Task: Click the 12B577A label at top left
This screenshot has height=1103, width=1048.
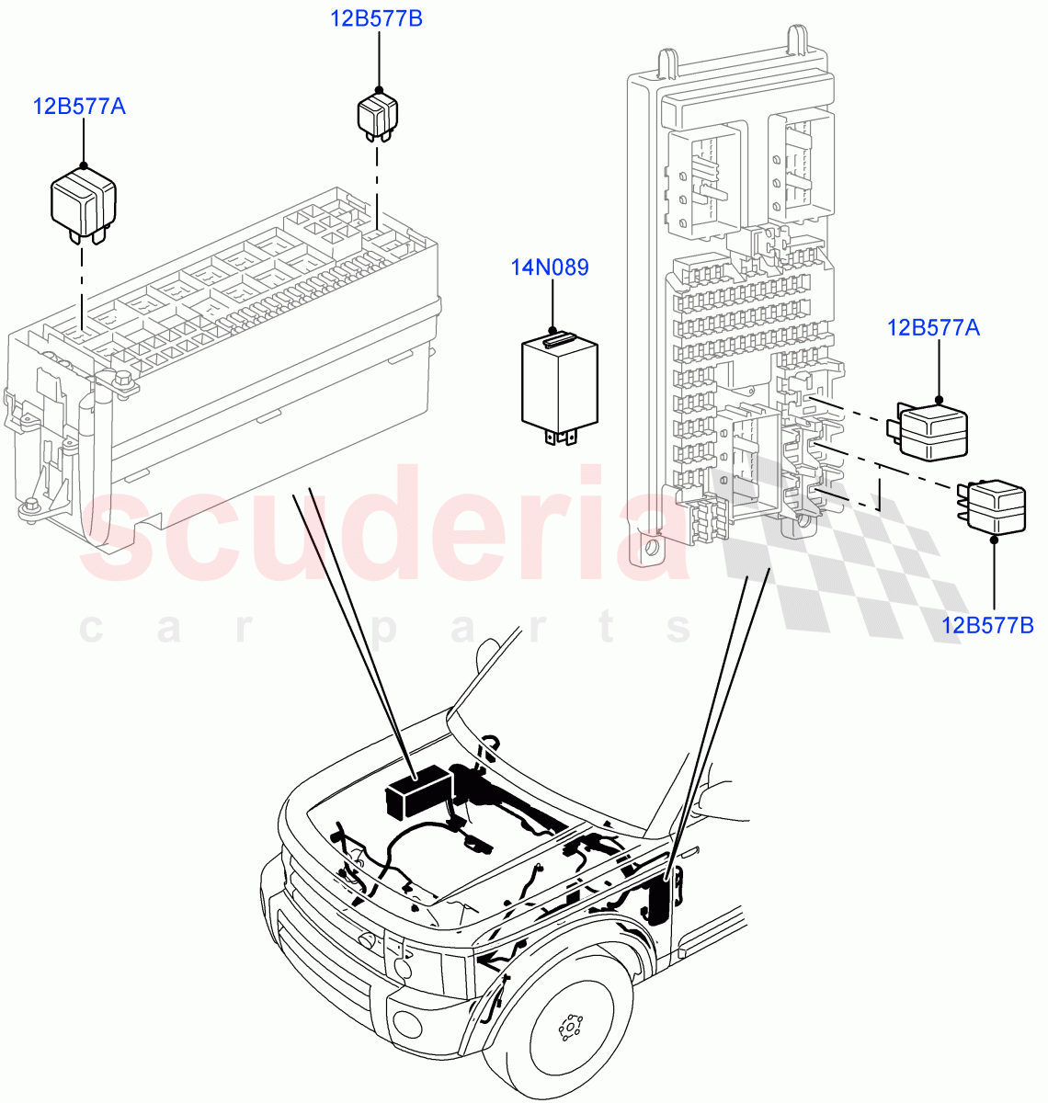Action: (79, 106)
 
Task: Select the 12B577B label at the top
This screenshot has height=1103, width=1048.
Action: (377, 17)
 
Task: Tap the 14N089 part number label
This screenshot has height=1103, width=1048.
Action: (550, 267)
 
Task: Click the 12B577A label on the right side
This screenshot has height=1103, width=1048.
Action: (933, 327)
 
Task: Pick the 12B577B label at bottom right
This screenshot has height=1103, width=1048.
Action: (987, 625)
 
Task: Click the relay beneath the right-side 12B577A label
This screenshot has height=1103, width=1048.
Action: (930, 430)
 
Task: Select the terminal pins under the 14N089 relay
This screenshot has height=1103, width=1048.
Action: (559, 438)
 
